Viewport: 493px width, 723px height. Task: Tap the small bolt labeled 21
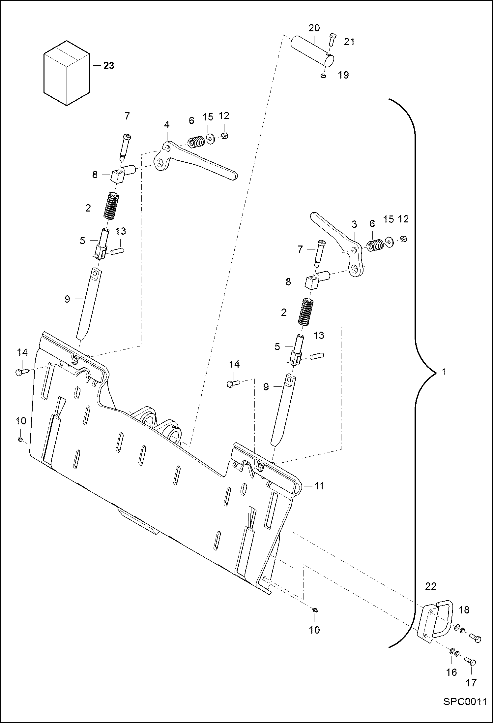pyautogui.click(x=332, y=43)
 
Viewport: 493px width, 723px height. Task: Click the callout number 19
pyautogui.click(x=343, y=75)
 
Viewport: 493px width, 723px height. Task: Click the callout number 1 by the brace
pyautogui.click(x=444, y=372)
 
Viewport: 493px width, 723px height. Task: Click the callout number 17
pyautogui.click(x=471, y=683)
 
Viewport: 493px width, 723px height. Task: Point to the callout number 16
pyautogui.click(x=451, y=672)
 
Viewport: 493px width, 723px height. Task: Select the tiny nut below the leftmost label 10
pyautogui.click(x=20, y=439)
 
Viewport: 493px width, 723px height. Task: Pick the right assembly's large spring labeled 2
pyautogui.click(x=305, y=312)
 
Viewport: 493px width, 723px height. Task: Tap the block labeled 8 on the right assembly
pyautogui.click(x=311, y=281)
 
